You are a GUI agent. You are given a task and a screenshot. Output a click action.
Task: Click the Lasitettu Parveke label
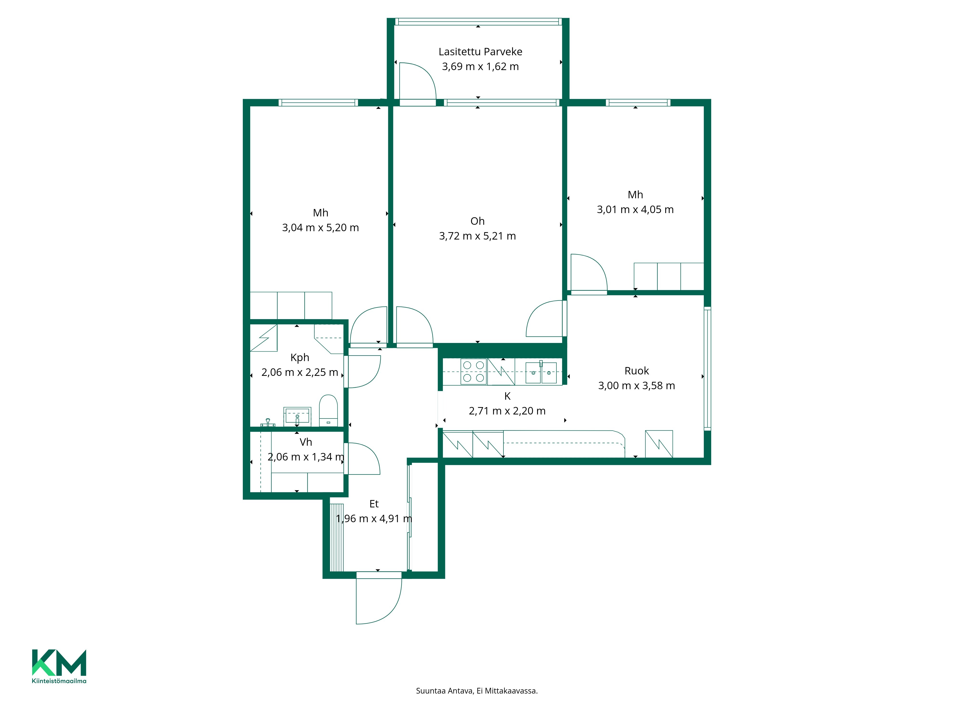(x=480, y=52)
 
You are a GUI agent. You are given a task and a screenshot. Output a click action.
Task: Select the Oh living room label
(x=477, y=221)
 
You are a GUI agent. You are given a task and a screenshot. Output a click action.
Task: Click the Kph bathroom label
(x=300, y=358)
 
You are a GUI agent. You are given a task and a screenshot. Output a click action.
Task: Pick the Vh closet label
(x=306, y=442)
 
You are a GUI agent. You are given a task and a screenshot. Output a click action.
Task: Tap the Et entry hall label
(x=374, y=504)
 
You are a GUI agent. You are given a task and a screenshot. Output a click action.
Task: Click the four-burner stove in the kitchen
(x=474, y=372)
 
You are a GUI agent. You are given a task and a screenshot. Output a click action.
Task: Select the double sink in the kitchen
(x=541, y=372)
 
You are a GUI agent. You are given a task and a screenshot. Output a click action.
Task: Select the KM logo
(x=59, y=662)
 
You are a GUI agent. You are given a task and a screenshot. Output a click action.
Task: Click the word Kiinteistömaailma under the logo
(x=59, y=681)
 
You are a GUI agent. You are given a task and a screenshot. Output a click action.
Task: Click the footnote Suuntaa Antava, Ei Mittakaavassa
(x=477, y=691)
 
